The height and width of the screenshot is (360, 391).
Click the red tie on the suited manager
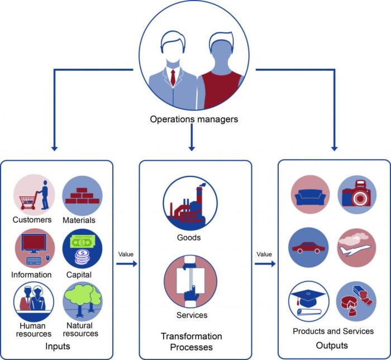(173, 78)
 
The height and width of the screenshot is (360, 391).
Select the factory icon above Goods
(190, 203)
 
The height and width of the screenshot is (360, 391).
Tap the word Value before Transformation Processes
(126, 255)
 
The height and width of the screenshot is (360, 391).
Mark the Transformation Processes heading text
(191, 342)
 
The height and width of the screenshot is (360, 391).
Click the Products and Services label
(333, 331)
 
